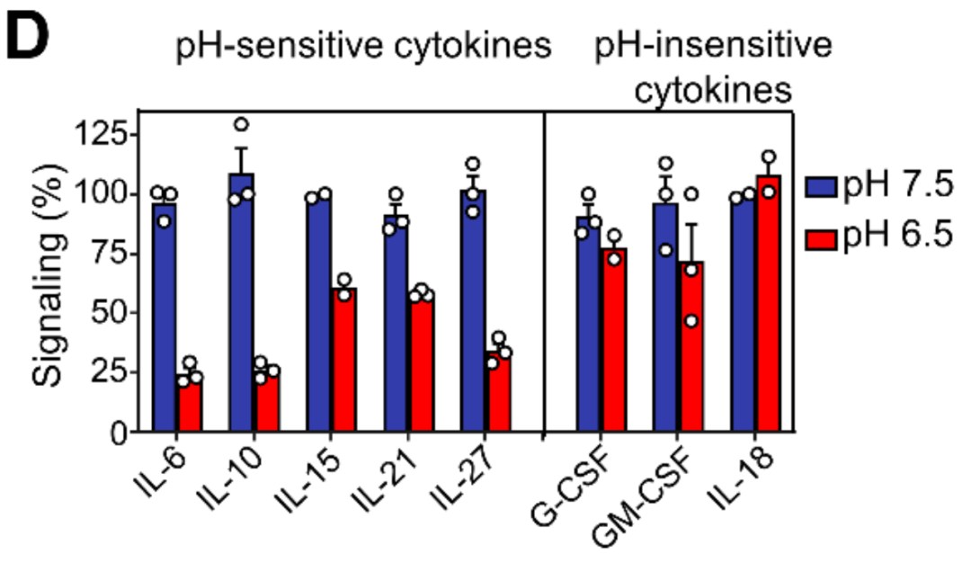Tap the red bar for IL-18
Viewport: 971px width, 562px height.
point(768,306)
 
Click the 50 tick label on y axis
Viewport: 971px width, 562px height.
point(109,313)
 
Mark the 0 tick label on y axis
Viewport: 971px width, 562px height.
point(119,433)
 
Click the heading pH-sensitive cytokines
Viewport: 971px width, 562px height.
point(362,48)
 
